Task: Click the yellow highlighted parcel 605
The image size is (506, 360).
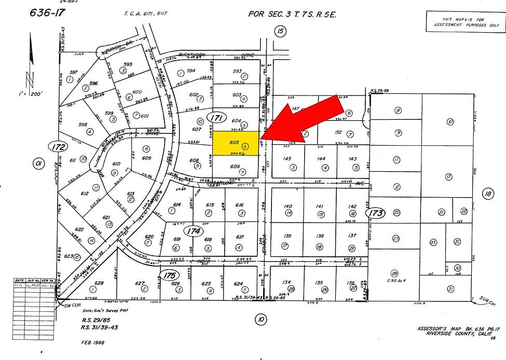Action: click(236, 143)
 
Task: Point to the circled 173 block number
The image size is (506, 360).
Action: click(376, 212)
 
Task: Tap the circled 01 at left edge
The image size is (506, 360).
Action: click(37, 164)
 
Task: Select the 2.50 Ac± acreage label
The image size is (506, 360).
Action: click(395, 280)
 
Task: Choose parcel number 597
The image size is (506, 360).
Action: click(74, 73)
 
